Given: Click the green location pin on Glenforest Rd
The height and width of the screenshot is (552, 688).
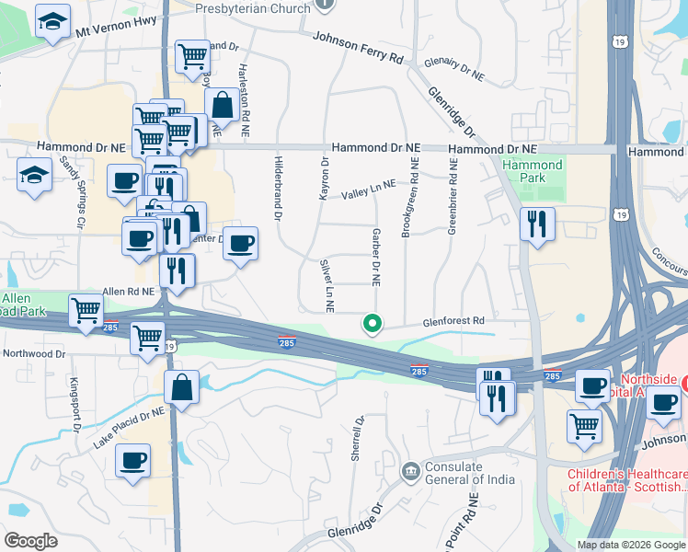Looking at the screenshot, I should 373,324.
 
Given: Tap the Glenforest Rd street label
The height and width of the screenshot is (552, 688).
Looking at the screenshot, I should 453,320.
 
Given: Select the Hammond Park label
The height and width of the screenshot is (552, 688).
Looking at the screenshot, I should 532,172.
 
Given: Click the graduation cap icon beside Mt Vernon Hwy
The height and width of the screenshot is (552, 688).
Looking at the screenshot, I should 52,20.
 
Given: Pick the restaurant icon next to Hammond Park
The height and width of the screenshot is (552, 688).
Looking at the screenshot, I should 537,224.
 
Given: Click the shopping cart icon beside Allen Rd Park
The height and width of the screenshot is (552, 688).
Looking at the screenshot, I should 86,311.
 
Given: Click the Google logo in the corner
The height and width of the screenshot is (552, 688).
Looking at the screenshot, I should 30,541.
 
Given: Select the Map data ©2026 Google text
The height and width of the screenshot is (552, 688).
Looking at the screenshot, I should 630,545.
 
